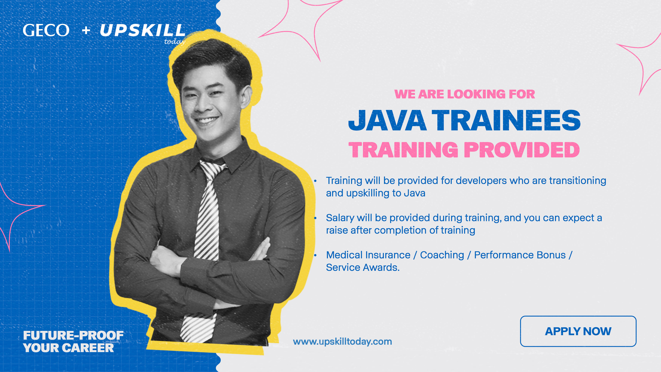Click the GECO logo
[x=46, y=30]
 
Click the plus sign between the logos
[x=86, y=31]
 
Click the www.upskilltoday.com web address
[x=342, y=342]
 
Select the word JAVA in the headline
[x=387, y=120]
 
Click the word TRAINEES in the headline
[x=506, y=120]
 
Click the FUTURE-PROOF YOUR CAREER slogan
[x=73, y=341]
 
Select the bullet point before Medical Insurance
[x=315, y=255]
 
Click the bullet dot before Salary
[x=315, y=218]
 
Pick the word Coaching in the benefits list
[x=442, y=255]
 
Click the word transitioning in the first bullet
[x=578, y=181]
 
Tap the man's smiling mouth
[x=206, y=120]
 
